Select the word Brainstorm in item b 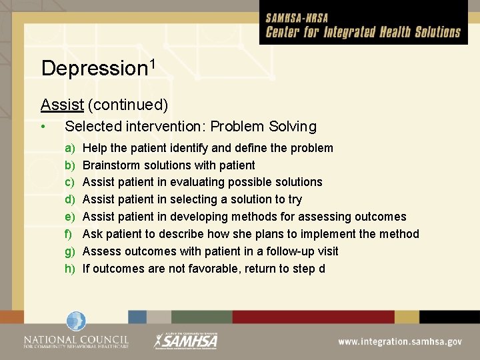tap(111, 165)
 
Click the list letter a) tap(69, 147)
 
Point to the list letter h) tap(69, 269)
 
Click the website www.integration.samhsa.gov tap(400, 341)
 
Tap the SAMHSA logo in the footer tap(186, 340)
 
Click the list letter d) tap(69, 199)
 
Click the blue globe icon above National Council tap(76, 321)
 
